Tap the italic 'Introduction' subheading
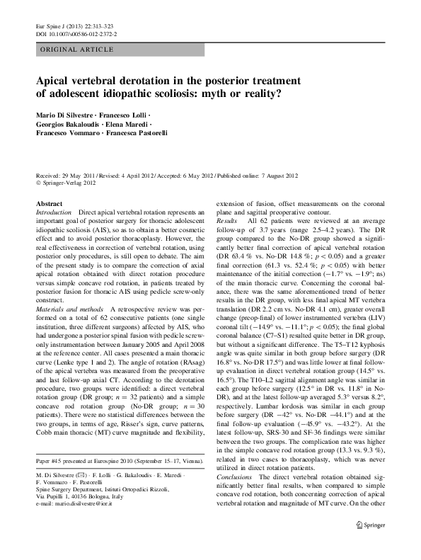coord(53,212)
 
